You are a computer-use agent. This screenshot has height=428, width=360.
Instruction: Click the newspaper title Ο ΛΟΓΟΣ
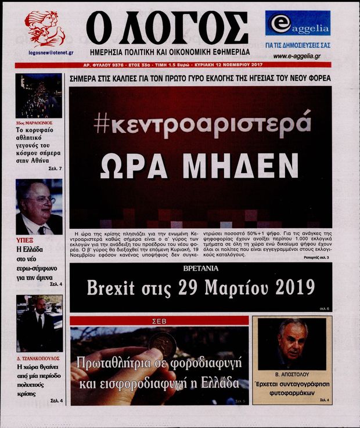point(167,28)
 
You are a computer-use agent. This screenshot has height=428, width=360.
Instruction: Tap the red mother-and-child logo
point(44,27)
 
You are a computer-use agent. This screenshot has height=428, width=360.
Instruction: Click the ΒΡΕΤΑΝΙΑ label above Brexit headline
point(200,269)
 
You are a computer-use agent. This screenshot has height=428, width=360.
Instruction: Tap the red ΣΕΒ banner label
point(159,320)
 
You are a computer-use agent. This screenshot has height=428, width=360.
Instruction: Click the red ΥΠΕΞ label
point(23,239)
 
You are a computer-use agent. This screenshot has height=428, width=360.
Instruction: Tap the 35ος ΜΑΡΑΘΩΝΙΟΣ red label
point(34,123)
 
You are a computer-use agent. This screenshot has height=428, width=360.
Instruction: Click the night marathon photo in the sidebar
point(39,96)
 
